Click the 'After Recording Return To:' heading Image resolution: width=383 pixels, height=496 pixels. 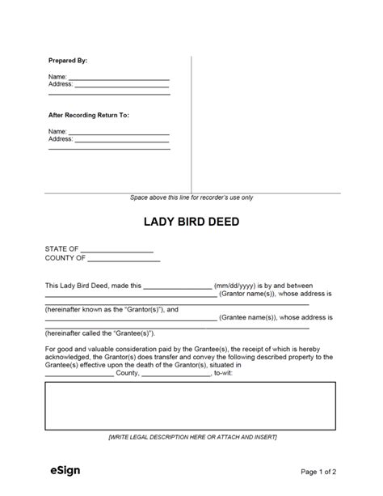click(x=89, y=115)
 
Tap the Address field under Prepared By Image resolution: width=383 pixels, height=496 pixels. click(x=121, y=84)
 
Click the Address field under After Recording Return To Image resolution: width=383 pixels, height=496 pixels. click(x=121, y=138)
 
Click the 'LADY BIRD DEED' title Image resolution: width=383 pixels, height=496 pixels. click(x=191, y=223)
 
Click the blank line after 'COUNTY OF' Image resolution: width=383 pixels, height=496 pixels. click(x=124, y=259)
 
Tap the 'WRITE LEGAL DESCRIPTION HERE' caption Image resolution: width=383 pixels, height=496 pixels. click(x=191, y=437)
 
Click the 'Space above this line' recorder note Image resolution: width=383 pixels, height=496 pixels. click(x=191, y=197)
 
